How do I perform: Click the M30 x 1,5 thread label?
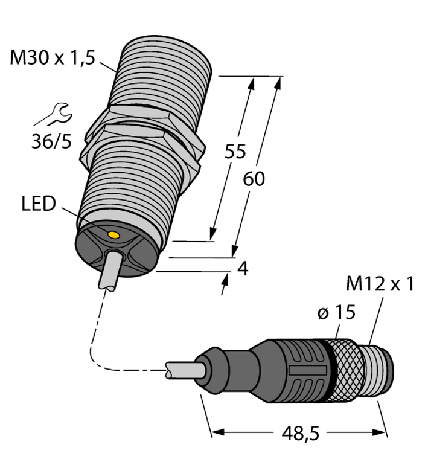point(53,59)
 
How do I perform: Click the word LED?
point(38,204)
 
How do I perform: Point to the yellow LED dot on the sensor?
point(112,234)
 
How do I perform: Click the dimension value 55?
point(235,152)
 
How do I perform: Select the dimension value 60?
point(254,179)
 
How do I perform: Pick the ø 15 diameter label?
point(336,312)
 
